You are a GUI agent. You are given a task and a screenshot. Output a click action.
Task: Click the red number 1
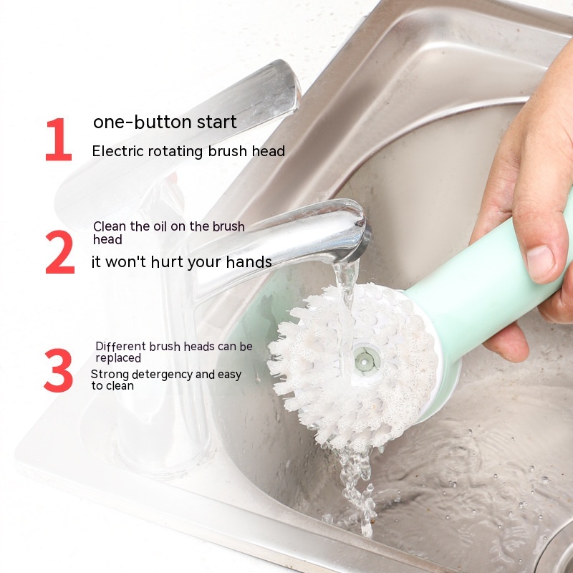tap(59, 139)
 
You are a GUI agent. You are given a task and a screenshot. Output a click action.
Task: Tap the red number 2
tap(60, 252)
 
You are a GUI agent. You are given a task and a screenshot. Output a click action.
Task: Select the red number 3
tap(59, 370)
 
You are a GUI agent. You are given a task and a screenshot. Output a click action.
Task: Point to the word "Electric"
tap(117, 151)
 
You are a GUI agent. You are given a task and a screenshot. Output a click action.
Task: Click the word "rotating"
tap(175, 152)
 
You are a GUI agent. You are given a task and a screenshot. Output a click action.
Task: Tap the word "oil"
tap(160, 226)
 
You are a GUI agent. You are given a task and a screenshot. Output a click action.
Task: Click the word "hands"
tap(249, 261)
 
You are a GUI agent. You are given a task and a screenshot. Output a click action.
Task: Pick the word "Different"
tap(120, 346)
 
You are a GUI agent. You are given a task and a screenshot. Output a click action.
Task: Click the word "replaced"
tap(118, 358)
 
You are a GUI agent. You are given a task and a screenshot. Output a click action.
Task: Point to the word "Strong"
tap(110, 375)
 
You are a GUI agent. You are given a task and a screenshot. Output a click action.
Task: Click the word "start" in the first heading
tap(217, 122)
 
